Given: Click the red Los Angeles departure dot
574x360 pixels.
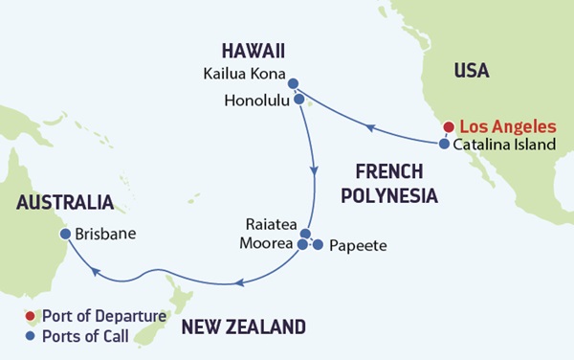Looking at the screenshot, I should [448, 126].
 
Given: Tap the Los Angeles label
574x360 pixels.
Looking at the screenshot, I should [507, 126].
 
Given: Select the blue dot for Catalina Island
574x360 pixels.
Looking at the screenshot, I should [445, 145].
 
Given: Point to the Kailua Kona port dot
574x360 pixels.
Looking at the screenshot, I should [293, 83].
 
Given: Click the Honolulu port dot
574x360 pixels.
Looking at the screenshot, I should [299, 99].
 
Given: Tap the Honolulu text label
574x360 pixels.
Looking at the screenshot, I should [256, 99].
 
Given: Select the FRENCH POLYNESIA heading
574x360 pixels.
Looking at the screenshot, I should [395, 183].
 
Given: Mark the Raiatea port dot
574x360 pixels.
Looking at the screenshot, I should [305, 234].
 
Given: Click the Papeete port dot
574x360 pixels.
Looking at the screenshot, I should [319, 245].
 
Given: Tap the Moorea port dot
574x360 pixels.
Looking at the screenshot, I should [303, 245].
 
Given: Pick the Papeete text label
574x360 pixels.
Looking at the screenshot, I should [357, 246].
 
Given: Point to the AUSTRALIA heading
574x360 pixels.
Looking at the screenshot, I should [63, 203].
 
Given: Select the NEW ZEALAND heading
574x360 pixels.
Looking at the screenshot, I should [243, 327].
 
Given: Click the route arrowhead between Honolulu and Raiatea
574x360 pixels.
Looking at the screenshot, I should [314, 170].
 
